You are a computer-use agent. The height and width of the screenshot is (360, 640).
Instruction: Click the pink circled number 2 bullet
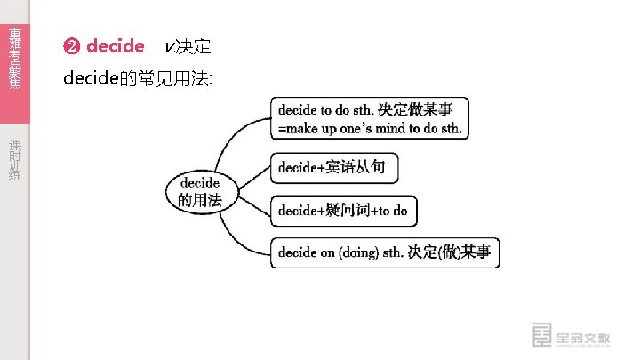point(72,46)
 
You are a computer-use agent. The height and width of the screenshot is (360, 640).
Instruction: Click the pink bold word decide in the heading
point(116,46)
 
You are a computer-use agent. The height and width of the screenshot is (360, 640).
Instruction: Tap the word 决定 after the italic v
point(193,46)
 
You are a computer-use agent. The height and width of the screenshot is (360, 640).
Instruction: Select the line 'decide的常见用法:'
point(138,79)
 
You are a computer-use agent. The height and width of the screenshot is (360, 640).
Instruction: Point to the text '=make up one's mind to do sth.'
point(370,129)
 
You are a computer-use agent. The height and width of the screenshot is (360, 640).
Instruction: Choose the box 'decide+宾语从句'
point(333,166)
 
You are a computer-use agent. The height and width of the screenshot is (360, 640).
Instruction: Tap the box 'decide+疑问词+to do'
point(342,211)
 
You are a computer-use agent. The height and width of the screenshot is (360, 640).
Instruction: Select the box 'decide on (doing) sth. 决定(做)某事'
point(384,253)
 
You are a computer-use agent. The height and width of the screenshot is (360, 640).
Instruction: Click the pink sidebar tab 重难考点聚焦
point(15,58)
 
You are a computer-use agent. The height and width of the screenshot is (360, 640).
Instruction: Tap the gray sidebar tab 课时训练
point(15,160)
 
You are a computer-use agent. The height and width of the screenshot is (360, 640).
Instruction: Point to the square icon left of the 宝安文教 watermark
point(541,336)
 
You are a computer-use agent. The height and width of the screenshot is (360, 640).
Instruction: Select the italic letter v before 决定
point(168,46)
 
